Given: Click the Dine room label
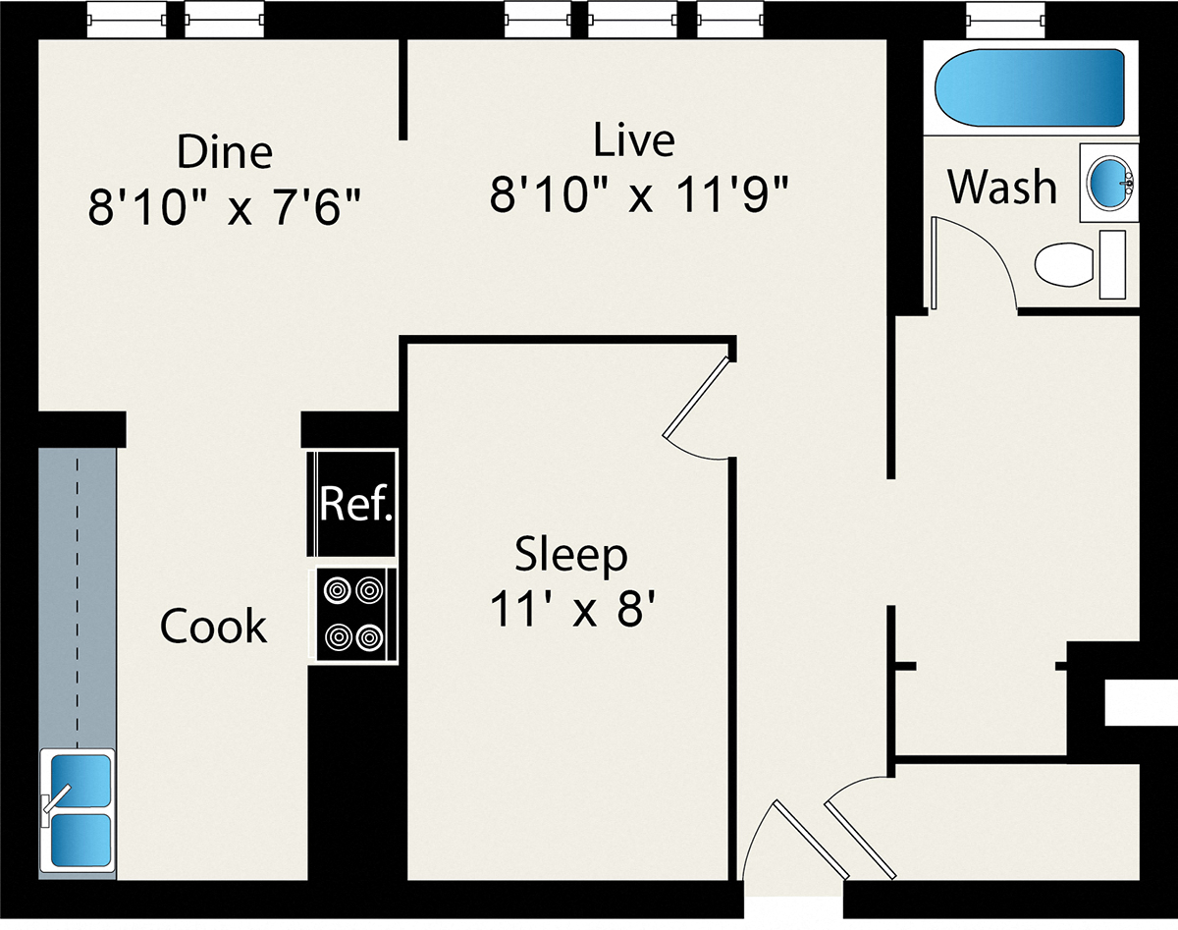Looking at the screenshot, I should point(224,152).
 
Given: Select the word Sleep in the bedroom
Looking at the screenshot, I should point(571,556).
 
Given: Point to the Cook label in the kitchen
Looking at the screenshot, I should point(213,627).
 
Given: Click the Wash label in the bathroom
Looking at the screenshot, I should point(1002,187).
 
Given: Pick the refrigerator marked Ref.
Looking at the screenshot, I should point(355,503).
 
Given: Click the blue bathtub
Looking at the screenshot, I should point(1030,87).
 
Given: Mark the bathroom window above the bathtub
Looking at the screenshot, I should point(1002,18).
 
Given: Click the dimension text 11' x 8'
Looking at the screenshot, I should point(571,611).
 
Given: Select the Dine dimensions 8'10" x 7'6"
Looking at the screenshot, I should point(224,208).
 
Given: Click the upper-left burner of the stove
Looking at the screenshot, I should point(337,590).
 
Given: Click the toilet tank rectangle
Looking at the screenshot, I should point(1112,264).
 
